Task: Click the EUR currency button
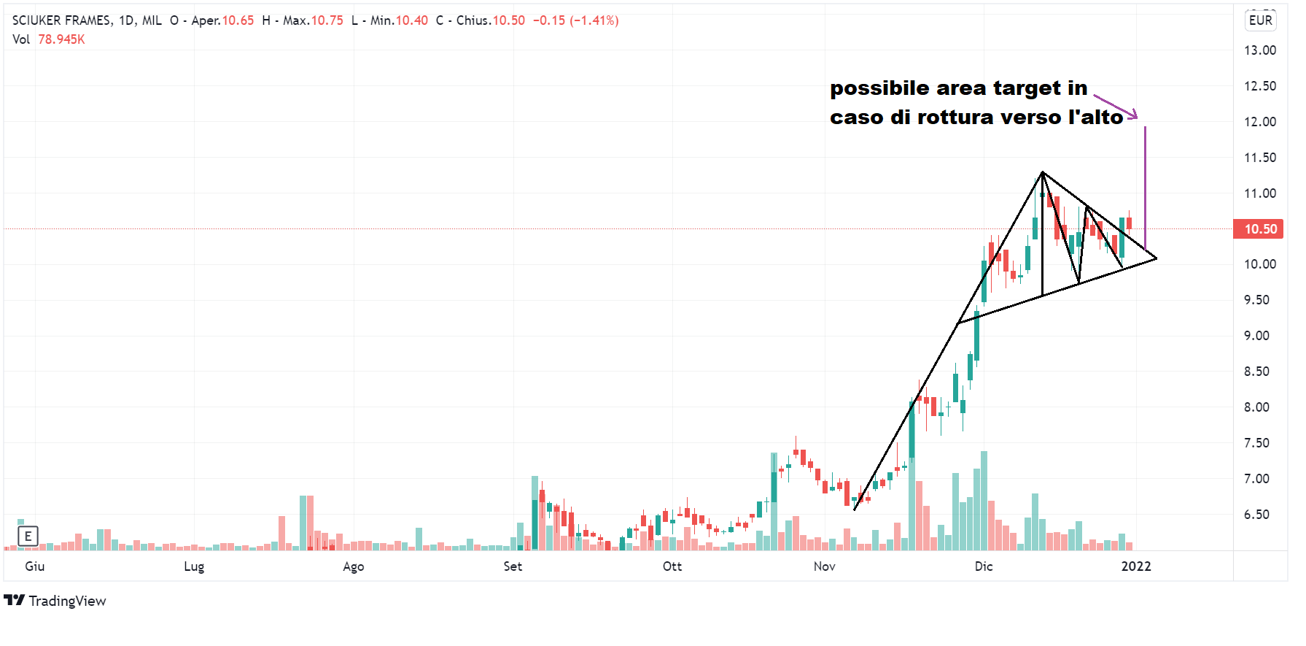point(1260,20)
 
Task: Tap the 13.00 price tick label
point(1259,50)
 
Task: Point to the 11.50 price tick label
point(1259,158)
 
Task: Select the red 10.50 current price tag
point(1259,229)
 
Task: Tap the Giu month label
point(34,566)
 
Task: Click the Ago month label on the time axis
point(353,566)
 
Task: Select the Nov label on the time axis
point(824,566)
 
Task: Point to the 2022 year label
point(1135,566)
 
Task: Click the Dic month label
point(983,566)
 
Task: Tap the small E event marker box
point(28,537)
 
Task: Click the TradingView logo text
point(67,601)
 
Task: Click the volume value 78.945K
point(61,39)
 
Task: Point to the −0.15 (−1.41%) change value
point(575,20)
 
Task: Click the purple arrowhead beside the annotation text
point(1132,115)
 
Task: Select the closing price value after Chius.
point(508,20)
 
